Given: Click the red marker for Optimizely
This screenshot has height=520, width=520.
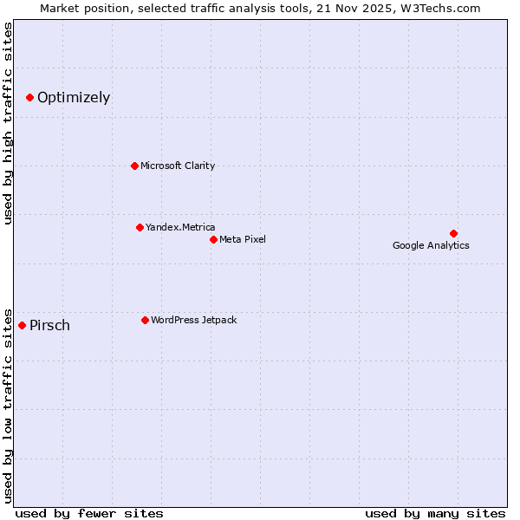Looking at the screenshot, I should pyautogui.click(x=29, y=97).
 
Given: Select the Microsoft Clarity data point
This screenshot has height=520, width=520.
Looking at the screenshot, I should pyautogui.click(x=134, y=166).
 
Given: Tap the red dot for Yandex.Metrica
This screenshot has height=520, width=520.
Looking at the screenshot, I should pyautogui.click(x=140, y=227).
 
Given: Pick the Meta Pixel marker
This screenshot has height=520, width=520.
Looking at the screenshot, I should pyautogui.click(x=213, y=239).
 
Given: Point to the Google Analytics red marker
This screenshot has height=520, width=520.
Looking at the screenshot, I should pyautogui.click(x=453, y=233).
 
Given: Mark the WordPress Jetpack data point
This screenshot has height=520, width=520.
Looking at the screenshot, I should pyautogui.click(x=145, y=320).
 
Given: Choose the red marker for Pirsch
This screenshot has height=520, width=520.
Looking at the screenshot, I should pyautogui.click(x=22, y=325).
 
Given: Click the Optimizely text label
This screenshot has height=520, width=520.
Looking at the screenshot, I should pyautogui.click(x=74, y=97).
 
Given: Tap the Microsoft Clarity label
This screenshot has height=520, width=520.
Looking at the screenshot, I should pyautogui.click(x=178, y=166).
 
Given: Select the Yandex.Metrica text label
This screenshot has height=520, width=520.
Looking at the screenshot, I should pyautogui.click(x=180, y=227).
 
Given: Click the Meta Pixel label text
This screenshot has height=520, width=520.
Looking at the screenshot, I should pyautogui.click(x=243, y=239).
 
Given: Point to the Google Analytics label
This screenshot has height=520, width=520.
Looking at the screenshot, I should pyautogui.click(x=431, y=245).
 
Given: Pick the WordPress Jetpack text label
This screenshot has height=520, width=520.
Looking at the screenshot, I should pyautogui.click(x=193, y=320).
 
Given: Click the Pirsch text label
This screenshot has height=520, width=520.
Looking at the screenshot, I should pyautogui.click(x=49, y=326).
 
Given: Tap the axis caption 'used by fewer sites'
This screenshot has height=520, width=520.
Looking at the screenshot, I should pyautogui.click(x=89, y=513).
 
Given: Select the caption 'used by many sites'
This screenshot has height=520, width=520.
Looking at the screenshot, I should pyautogui.click(x=435, y=513).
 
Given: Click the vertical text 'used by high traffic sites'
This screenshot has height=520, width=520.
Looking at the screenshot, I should pyautogui.click(x=8, y=123).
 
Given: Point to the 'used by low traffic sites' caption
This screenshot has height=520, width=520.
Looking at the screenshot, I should pyautogui.click(x=8, y=405).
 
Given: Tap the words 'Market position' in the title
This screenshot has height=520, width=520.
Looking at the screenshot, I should pyautogui.click(x=79, y=8).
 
